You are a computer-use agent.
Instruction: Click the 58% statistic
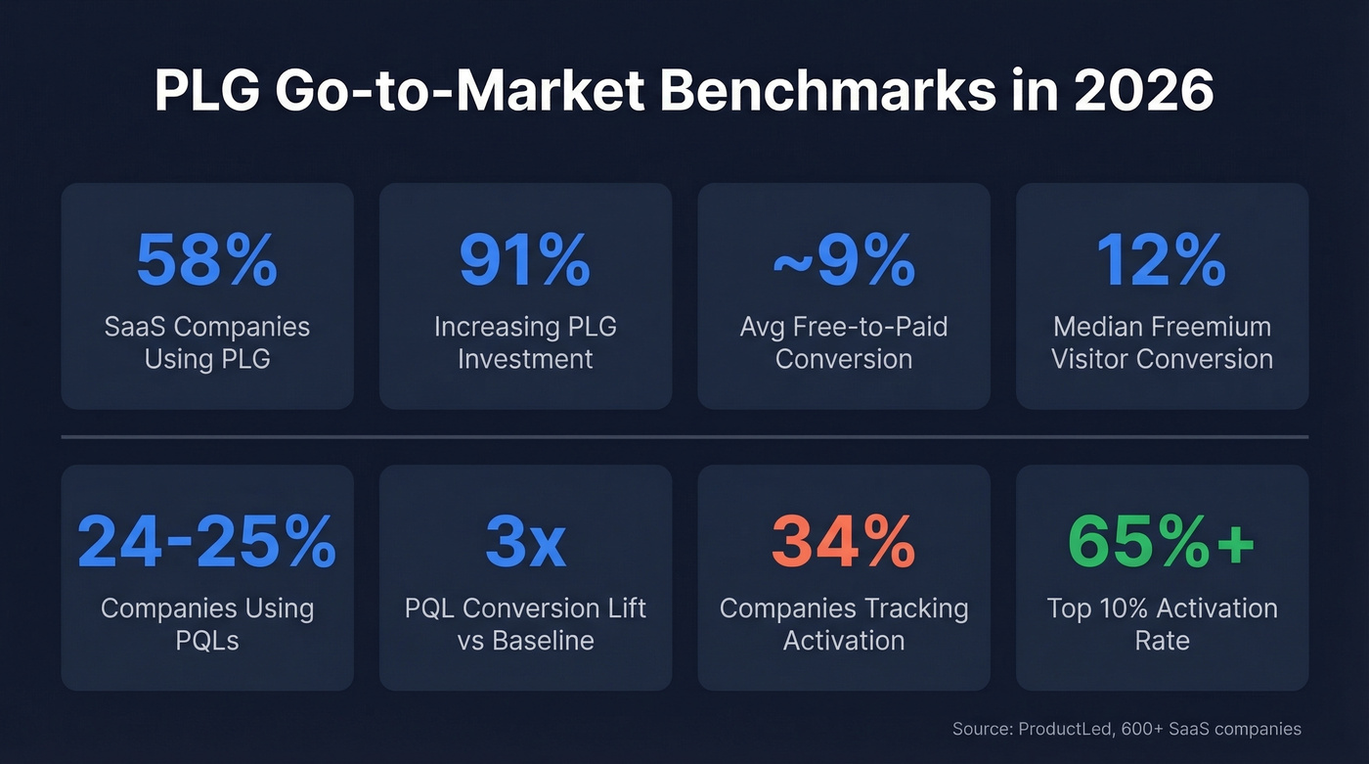[x=206, y=259]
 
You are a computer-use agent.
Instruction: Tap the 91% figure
[x=525, y=259]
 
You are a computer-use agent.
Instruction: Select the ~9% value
[x=843, y=259]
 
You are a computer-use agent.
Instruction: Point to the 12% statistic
[x=1162, y=259]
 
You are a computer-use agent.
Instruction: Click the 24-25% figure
[x=206, y=541]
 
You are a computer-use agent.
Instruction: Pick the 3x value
[x=525, y=541]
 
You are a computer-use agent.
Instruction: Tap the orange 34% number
[x=843, y=541]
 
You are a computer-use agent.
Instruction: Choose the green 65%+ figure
[x=1162, y=541]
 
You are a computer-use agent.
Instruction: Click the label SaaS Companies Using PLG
[x=206, y=342]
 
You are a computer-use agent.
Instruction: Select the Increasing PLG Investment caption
[x=525, y=342]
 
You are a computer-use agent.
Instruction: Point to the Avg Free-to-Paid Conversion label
[x=843, y=342]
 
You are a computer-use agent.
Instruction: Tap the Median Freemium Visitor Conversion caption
[x=1162, y=342]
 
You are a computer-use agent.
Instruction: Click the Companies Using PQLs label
[x=206, y=624]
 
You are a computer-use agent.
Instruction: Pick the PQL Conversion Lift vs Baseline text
[x=525, y=624]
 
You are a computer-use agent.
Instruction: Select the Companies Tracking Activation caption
[x=843, y=624]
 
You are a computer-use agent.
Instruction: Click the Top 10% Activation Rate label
[x=1162, y=624]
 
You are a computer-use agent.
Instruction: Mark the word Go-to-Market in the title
[x=460, y=93]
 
